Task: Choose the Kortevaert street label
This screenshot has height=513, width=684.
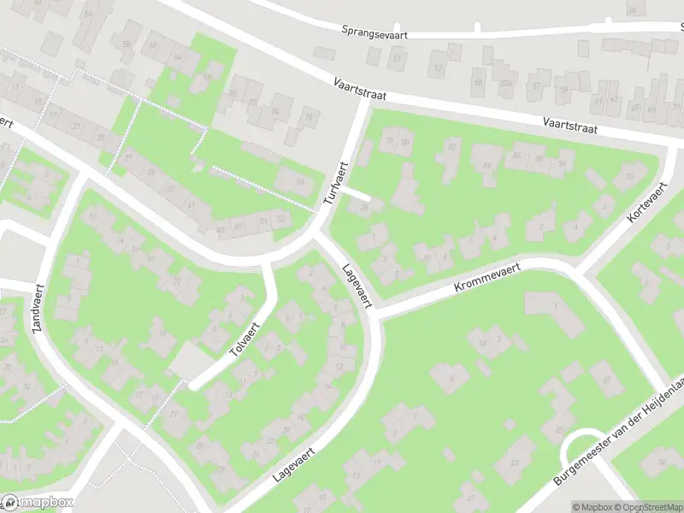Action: pos(640,203)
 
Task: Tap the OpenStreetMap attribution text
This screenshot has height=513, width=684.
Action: pos(646,507)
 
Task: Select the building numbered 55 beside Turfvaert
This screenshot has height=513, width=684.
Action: pos(300,181)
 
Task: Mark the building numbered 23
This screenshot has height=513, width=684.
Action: pos(515,464)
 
